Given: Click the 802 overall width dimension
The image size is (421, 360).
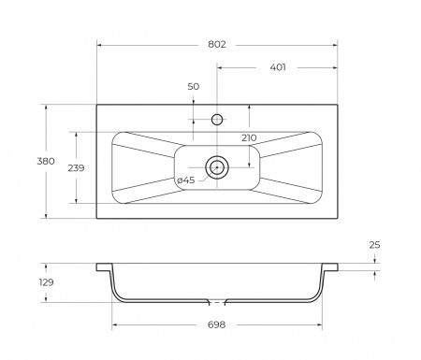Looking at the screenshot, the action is point(217,45).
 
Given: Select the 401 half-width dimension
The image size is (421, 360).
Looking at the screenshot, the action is point(278,67).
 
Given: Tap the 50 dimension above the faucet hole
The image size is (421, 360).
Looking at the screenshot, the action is point(194,86).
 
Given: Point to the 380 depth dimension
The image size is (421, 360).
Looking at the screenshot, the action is point(46,161).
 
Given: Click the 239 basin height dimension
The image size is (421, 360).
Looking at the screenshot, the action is point(76,168).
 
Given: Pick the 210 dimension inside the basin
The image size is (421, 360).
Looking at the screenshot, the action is point(249,137).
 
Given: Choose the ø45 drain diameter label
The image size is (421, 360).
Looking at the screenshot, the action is point(186,180).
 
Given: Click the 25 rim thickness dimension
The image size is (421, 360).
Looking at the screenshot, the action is point(374,245).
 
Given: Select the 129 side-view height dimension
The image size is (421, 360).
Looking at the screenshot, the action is point(46,282).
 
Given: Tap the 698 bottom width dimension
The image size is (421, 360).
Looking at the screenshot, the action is point(216,324).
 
